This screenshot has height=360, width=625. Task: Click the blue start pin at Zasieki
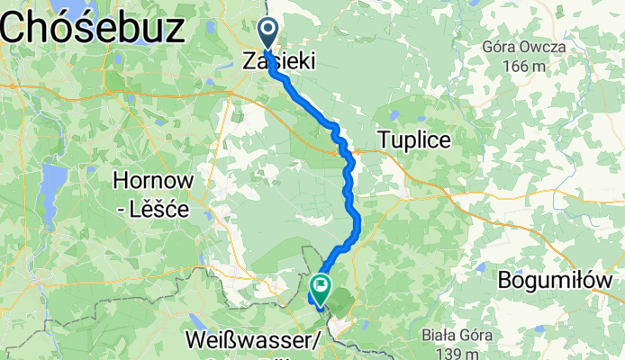(x=268, y=32)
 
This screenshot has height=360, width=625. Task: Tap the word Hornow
(x=152, y=181)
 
